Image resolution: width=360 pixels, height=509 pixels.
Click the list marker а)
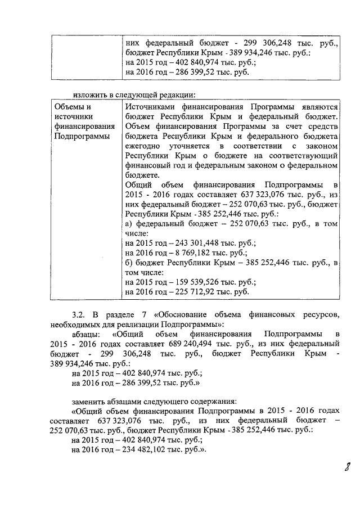pyautogui.click(x=128, y=224)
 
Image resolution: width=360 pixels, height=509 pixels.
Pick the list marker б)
pyautogui.click(x=128, y=263)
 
